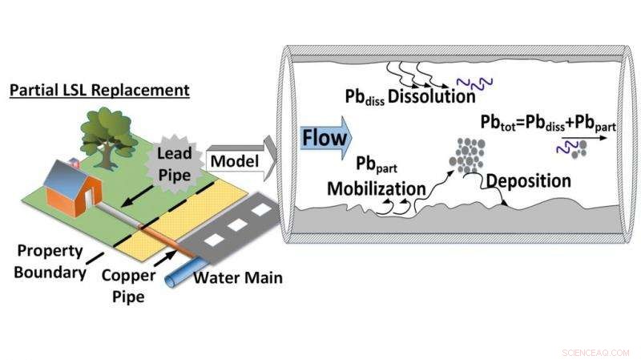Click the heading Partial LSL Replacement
pyautogui.click(x=99, y=89)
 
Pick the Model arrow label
pyautogui.click(x=234, y=160)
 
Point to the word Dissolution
pyautogui.click(x=432, y=97)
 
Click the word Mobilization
pyautogui.click(x=376, y=188)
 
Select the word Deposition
pyautogui.click(x=528, y=180)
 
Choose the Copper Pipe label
pyautogui.click(x=127, y=285)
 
